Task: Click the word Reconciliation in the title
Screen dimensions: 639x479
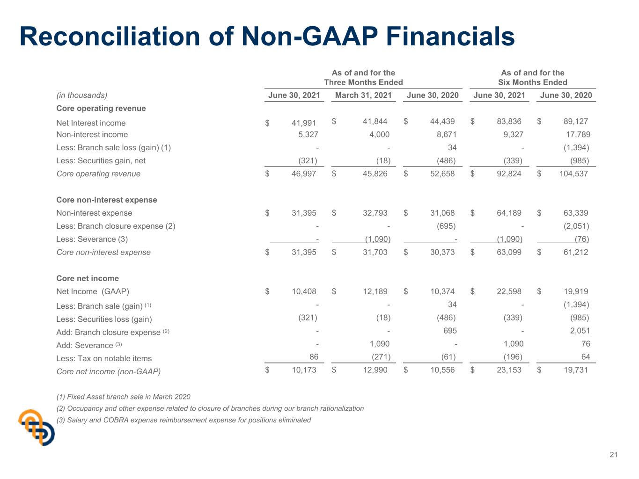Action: [x=110, y=36]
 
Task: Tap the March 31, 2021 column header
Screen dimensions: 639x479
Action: [x=363, y=95]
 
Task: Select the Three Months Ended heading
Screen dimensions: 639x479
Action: [x=363, y=82]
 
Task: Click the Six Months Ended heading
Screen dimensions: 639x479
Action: [x=532, y=82]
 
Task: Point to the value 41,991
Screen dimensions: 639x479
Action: [x=304, y=123]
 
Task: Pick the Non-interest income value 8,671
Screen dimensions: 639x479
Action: [x=446, y=134]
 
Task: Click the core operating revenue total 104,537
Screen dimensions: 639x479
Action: [x=573, y=174]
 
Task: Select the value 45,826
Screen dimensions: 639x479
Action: [x=375, y=174]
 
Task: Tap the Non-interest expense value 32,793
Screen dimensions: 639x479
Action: [x=375, y=213]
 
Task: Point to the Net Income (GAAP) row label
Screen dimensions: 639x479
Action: [x=93, y=291]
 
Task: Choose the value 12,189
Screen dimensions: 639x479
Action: [x=375, y=291]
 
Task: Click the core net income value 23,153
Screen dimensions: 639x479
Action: [x=509, y=370]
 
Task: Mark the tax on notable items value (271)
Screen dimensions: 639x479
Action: [x=381, y=357]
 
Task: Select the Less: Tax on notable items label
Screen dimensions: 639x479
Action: [x=104, y=358]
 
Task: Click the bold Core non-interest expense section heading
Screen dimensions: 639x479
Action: [x=107, y=200]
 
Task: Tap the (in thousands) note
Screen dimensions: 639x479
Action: [x=82, y=95]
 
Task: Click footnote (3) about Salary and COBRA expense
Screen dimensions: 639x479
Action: [x=184, y=420]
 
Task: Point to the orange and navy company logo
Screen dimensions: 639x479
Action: [x=37, y=428]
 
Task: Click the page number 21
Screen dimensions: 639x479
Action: [x=613, y=455]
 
